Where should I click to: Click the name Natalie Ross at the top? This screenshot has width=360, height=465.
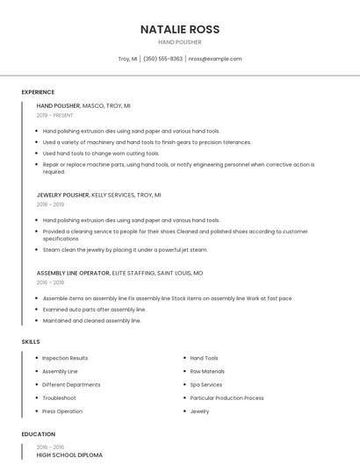(x=180, y=29)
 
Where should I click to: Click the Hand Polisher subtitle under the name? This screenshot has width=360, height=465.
(x=180, y=42)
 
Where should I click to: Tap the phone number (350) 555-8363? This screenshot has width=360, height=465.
(x=162, y=59)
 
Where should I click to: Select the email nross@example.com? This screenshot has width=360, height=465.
(x=215, y=59)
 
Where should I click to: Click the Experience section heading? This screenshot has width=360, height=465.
(x=38, y=92)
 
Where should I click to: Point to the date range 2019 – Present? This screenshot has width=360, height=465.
(x=54, y=115)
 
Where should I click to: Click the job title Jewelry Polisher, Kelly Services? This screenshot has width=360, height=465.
(x=98, y=195)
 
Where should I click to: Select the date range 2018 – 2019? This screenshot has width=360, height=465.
(x=50, y=204)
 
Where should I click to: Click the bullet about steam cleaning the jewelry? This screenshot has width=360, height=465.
(x=125, y=249)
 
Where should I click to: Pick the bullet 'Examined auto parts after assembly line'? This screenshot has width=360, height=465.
(x=94, y=310)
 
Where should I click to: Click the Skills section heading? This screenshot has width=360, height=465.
(x=31, y=340)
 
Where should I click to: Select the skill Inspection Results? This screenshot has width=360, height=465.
(x=65, y=358)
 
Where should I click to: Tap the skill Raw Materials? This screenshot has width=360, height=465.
(x=207, y=371)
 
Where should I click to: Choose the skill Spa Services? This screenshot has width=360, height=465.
(x=205, y=384)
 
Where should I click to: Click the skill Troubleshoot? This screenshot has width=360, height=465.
(x=59, y=397)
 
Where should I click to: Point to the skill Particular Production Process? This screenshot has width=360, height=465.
(x=227, y=397)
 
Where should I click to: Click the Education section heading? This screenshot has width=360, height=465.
(x=38, y=433)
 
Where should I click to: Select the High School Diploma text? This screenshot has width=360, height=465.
(x=69, y=454)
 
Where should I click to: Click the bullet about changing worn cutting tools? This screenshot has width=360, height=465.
(x=101, y=153)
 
